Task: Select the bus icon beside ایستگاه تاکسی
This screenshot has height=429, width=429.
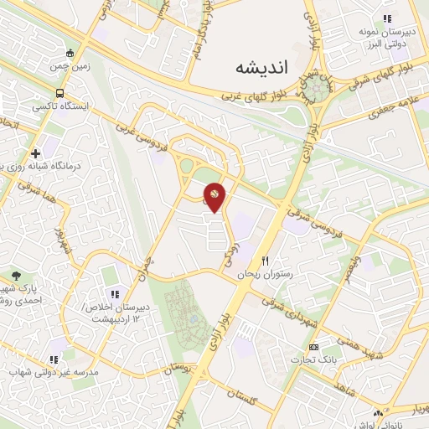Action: (x=59, y=93)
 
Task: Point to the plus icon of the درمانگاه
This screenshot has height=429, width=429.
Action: (x=35, y=153)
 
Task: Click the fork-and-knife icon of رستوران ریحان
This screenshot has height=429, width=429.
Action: (x=266, y=261)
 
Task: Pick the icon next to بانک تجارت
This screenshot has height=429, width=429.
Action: (x=313, y=347)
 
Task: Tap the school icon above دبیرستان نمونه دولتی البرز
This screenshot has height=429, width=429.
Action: (x=386, y=18)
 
